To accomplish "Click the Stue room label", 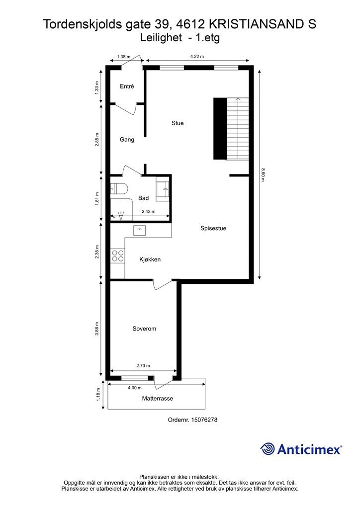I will tap(178, 123).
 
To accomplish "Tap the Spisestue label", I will tap(213, 229).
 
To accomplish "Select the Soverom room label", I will tap(144, 329).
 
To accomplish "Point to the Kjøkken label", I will tap(150, 259).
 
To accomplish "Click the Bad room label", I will tap(143, 198).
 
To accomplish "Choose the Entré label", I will tap(127, 86).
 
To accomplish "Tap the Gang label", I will tap(127, 140).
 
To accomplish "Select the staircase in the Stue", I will tap(232, 128).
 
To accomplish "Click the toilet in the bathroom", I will tap(119, 188).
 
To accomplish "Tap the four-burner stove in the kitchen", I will tap(118, 256).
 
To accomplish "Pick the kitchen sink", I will tap(140, 230).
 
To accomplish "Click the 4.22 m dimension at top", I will tap(197, 57).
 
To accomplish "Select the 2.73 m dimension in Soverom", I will tap(143, 366).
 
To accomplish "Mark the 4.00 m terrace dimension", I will tap(134, 388).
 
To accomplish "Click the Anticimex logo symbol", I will tap(268, 449).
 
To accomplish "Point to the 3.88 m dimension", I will tap(97, 329).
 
